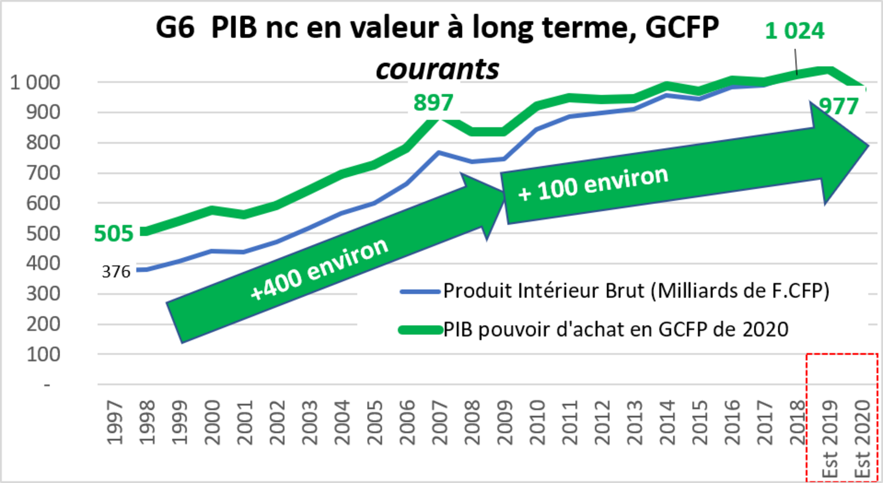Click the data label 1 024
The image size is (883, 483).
click(794, 31)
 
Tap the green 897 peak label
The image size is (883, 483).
click(433, 102)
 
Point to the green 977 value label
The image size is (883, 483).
click(838, 106)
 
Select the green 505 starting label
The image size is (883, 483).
click(113, 233)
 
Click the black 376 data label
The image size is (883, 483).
click(116, 272)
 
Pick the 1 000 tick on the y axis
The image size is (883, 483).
click(35, 83)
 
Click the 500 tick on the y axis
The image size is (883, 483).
click(43, 233)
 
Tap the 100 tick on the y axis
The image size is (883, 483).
click(43, 355)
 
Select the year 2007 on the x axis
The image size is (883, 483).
click(440, 422)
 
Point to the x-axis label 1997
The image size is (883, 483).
click(115, 422)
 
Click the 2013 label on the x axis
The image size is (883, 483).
click(635, 422)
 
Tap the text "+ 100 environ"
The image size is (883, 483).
click(593, 183)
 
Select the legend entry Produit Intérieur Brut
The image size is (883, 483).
click(636, 291)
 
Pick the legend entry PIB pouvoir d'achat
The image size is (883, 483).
click(616, 330)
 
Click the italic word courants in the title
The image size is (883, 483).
click(437, 69)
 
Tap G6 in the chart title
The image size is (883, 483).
click(175, 28)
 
